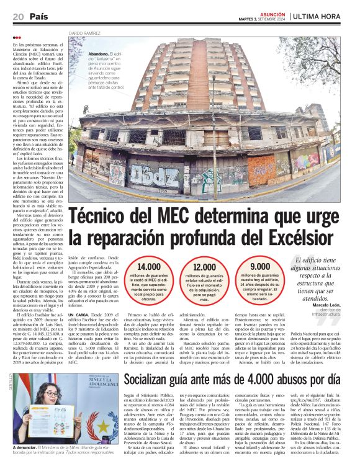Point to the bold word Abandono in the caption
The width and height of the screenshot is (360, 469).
(x=99, y=55)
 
